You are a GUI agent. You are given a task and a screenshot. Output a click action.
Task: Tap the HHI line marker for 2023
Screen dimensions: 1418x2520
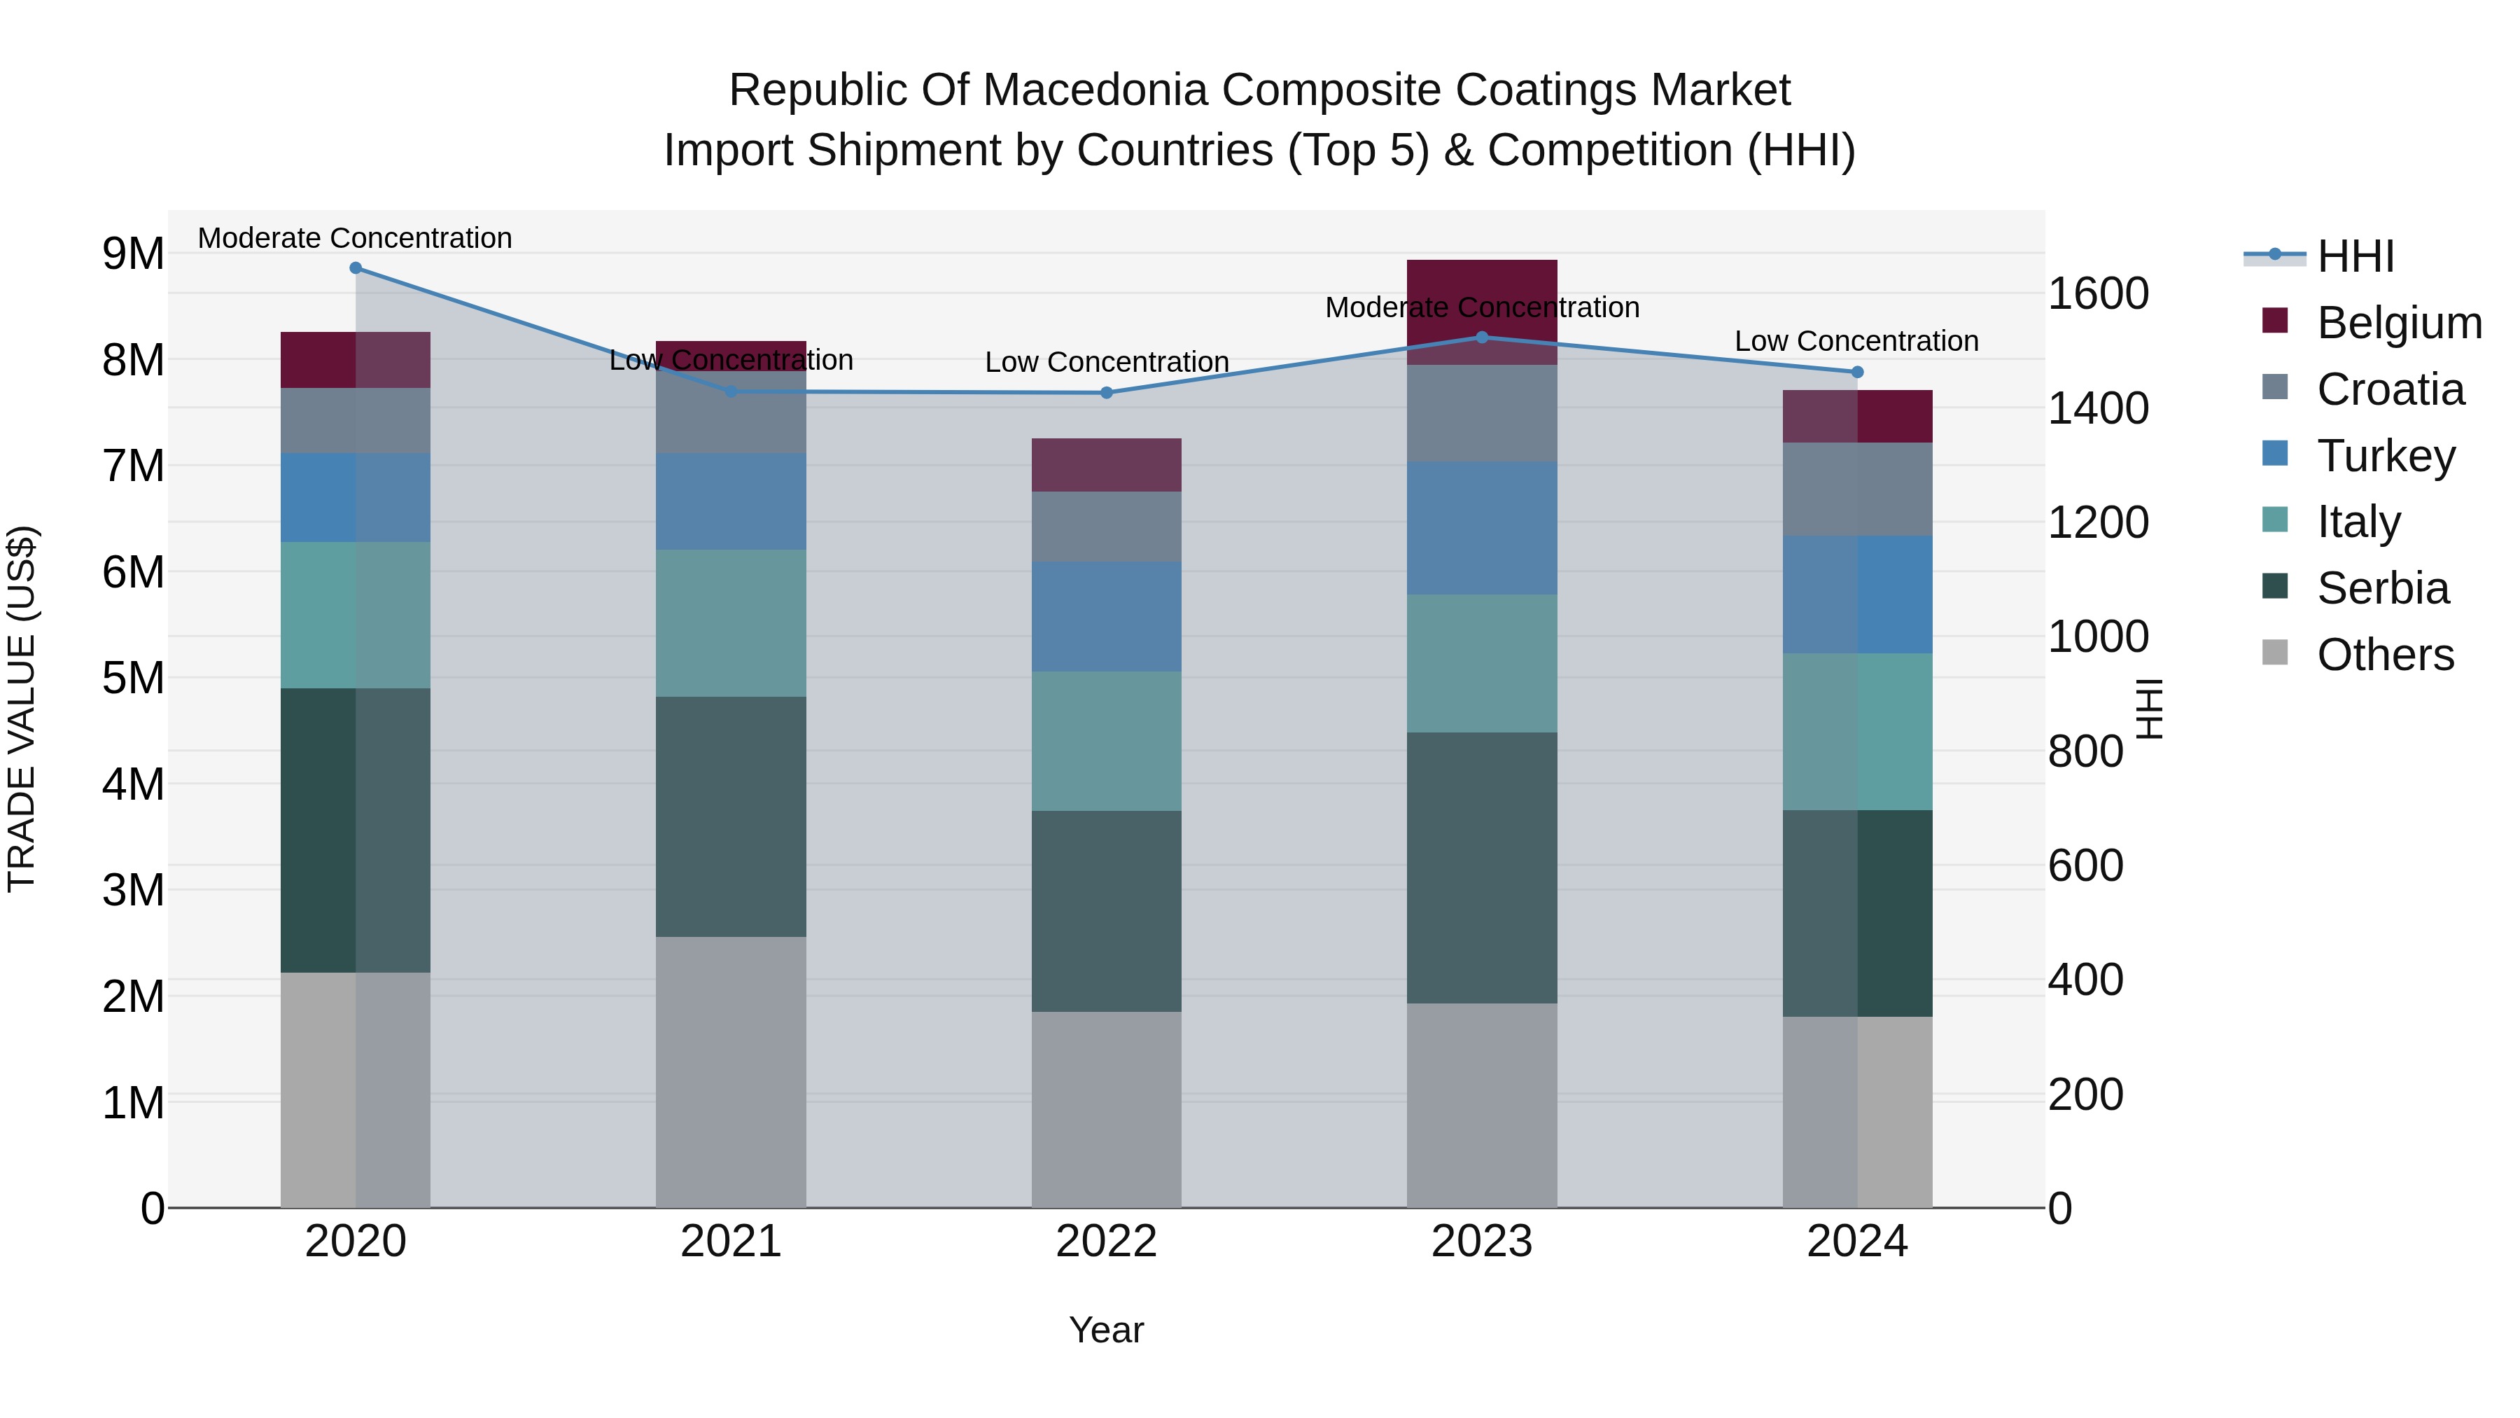coord(1481,338)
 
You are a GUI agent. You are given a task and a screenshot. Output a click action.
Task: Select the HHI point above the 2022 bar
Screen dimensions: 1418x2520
coord(1107,392)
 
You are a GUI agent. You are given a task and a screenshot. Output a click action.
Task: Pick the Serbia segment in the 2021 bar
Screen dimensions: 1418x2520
coord(731,816)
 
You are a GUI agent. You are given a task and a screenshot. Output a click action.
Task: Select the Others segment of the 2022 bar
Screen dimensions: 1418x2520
coord(1107,1108)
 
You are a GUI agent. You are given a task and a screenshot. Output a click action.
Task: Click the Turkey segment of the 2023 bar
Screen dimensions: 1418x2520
coord(1481,529)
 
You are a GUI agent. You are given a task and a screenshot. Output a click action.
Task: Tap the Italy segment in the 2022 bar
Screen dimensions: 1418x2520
coord(1107,741)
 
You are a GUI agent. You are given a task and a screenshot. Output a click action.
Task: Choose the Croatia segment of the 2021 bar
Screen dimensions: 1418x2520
coord(731,412)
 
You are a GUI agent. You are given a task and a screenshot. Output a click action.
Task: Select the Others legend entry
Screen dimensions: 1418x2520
coord(2384,655)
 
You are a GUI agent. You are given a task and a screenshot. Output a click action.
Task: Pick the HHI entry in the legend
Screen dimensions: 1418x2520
coord(2355,256)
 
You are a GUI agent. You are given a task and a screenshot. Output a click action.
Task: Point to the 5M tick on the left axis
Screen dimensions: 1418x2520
coord(133,677)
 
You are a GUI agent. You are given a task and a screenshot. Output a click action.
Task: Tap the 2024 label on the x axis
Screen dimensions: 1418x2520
coord(1856,1242)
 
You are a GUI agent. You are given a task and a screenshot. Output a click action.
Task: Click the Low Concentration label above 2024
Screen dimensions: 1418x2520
coord(1856,342)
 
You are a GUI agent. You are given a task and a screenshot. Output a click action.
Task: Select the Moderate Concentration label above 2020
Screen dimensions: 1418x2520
coord(355,238)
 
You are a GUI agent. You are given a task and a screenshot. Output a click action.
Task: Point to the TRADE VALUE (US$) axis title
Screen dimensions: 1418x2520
coord(22,709)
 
